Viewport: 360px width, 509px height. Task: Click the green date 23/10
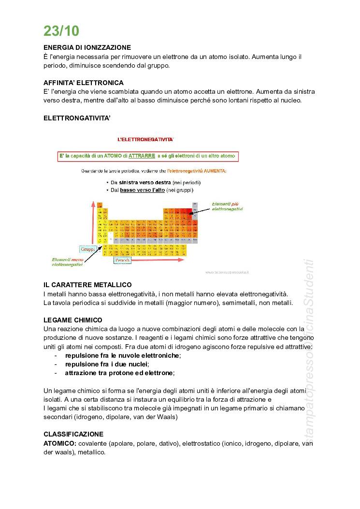coord(61,31)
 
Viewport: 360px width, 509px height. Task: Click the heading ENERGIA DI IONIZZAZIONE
coord(87,48)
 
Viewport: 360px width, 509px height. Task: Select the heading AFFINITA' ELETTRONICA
coord(84,83)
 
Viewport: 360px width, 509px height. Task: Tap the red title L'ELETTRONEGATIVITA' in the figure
coord(145,139)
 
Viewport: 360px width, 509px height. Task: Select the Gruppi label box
coord(88,249)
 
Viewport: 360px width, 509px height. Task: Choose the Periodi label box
coord(122,260)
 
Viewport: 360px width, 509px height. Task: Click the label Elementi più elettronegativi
coord(228,206)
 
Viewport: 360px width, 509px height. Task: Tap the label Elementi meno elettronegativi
coord(67,262)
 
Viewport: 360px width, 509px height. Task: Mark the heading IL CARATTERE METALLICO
coord(87,285)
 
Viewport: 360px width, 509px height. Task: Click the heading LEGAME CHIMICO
coord(73,320)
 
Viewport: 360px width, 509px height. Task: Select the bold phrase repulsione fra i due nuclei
coord(107,364)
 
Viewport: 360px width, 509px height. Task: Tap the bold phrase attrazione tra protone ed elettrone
coord(119,373)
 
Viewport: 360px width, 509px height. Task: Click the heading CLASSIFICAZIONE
coord(73,434)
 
